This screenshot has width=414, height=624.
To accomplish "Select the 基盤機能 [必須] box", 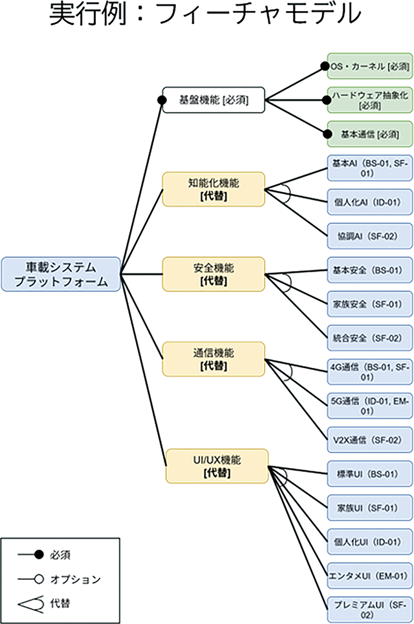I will point(213,100).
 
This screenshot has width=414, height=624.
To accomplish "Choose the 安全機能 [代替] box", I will point(213,274).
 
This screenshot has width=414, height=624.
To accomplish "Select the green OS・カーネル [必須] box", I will point(369,66).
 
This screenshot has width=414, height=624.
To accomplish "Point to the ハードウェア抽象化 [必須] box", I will point(369,100).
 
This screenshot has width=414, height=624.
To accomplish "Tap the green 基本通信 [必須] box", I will point(369,134).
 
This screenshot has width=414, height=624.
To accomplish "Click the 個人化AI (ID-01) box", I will point(369,202).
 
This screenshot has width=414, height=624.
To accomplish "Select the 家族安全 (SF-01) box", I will point(369,304).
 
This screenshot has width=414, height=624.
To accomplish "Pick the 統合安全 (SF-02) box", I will point(369,338).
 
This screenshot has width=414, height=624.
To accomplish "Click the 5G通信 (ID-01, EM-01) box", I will point(369,405).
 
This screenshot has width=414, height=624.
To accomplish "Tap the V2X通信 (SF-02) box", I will point(369,440).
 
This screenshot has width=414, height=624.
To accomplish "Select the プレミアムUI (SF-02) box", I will point(369,608).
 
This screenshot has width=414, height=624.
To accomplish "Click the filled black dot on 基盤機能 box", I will point(162,100).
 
